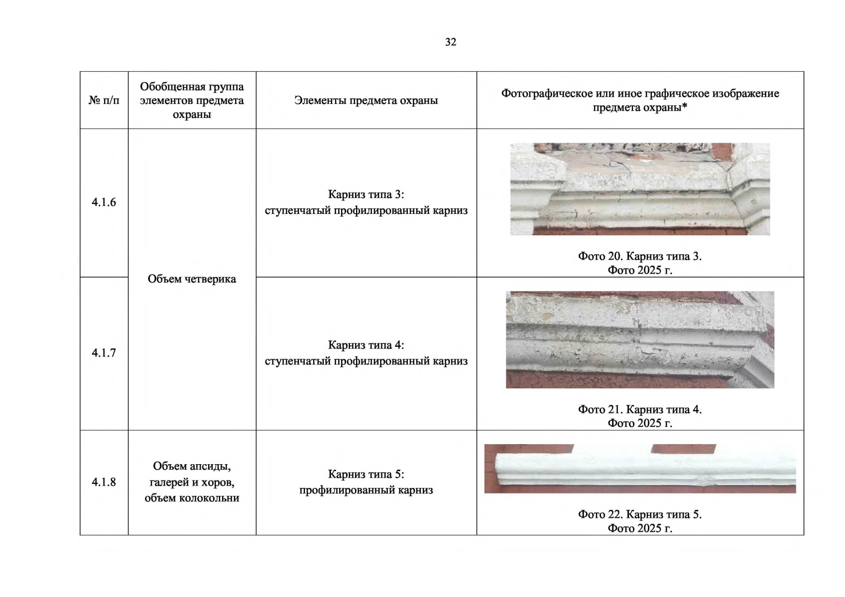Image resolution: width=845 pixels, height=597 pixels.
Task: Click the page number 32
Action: coord(450,42)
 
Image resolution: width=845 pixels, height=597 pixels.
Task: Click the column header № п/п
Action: coord(104,100)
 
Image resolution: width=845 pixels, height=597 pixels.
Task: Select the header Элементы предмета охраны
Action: coord(366,100)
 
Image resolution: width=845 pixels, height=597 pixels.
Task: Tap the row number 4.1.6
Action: coord(104,202)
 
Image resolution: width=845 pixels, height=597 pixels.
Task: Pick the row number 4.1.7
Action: coord(104,353)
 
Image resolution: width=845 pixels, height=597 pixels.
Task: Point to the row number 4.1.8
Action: coord(104,482)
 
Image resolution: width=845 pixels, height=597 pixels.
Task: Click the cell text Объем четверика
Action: coord(192,279)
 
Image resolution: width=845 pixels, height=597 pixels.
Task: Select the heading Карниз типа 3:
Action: coord(366,194)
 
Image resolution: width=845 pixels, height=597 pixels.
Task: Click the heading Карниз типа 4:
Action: coord(366,345)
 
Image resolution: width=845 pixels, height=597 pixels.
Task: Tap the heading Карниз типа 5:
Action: coord(366,474)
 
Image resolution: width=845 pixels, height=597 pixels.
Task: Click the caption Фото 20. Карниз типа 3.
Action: coord(640,256)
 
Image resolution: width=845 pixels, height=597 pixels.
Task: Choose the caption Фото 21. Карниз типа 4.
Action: coord(640,409)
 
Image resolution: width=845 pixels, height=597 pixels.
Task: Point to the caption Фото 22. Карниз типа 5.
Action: coord(640,514)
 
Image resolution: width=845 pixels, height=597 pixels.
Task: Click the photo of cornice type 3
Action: coord(640,189)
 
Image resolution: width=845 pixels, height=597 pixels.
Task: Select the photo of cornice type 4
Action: coord(640,339)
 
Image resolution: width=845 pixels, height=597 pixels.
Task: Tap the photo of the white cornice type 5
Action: coord(640,469)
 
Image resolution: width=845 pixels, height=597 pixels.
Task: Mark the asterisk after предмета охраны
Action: coord(685,106)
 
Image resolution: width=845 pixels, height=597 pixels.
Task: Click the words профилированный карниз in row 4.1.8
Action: coord(366,490)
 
